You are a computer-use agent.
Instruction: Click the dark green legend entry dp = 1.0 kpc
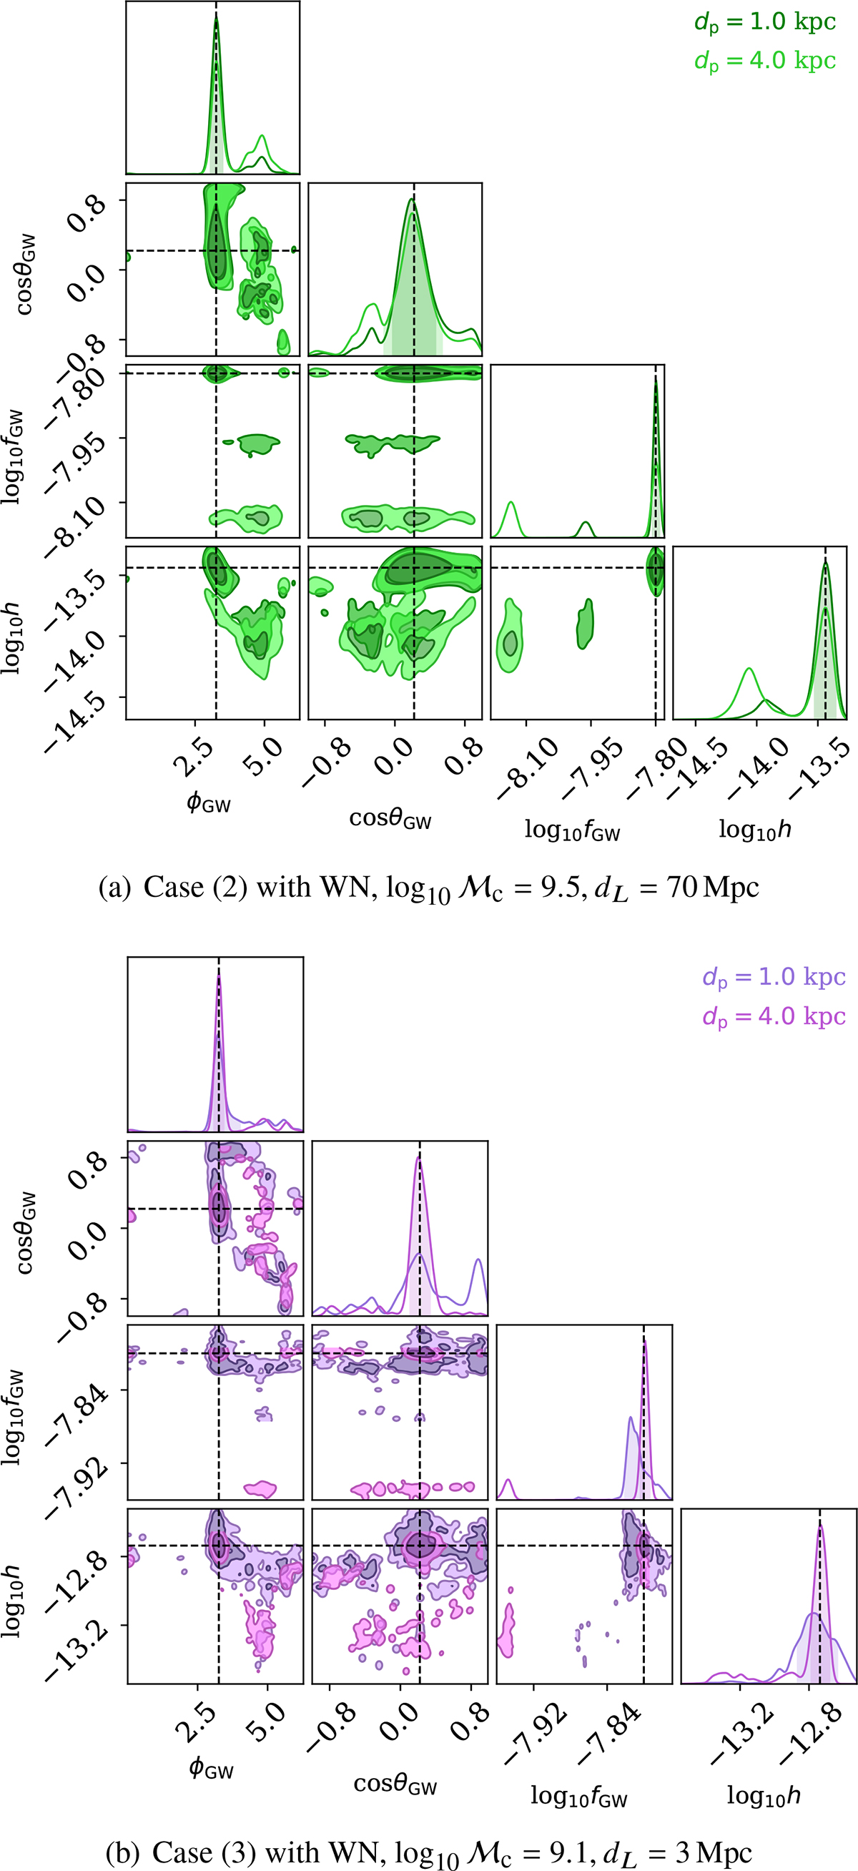point(765,22)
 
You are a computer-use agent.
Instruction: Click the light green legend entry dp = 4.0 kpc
point(765,61)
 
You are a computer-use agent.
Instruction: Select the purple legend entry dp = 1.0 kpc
point(774,977)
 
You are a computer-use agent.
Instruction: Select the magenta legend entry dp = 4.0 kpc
point(774,1016)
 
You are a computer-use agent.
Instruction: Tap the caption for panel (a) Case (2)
point(428,888)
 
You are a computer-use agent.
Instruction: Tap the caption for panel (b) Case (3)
point(428,1852)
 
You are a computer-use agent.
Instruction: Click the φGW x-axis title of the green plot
point(208,803)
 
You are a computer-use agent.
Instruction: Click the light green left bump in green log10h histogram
point(749,670)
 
